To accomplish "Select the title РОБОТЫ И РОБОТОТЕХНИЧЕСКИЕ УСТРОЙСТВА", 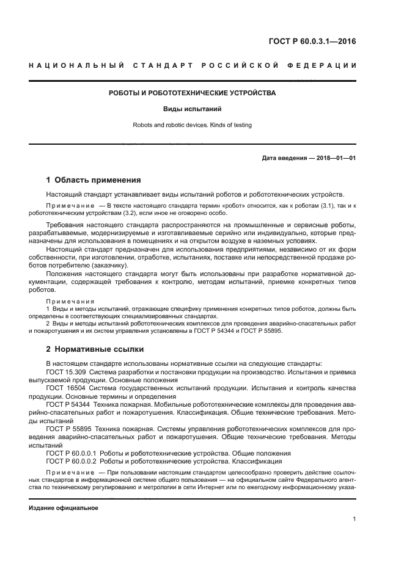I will pyautogui.click(x=192, y=93).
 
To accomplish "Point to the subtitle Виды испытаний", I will pyautogui.click(x=192, y=110).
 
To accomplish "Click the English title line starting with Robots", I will pyautogui.click(x=192, y=125).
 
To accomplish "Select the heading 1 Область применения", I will pyautogui.click(x=94, y=180).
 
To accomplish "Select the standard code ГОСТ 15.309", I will pyautogui.click(x=66, y=371).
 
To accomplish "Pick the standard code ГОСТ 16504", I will pyautogui.click(x=65, y=387).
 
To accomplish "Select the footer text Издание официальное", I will pyautogui.click(x=63, y=507).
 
